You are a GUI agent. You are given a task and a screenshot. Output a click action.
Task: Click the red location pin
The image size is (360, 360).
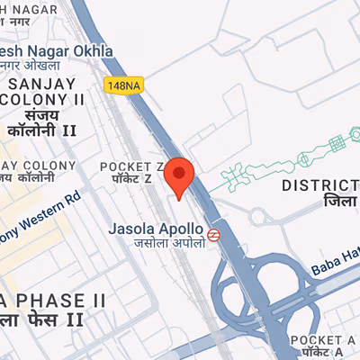pos(180,175)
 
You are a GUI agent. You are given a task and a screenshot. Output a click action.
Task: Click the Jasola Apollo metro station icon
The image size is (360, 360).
pos(214,234)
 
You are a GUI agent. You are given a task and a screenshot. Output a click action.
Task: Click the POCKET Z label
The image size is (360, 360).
pos(131,166)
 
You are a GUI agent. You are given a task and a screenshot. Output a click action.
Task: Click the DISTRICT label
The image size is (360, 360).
pos(319,185)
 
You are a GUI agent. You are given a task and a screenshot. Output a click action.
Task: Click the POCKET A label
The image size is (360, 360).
pos(324,339)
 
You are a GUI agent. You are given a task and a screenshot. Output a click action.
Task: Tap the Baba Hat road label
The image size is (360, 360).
pos(335,262)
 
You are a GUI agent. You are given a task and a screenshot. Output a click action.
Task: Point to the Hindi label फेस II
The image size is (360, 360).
pos(49,319)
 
